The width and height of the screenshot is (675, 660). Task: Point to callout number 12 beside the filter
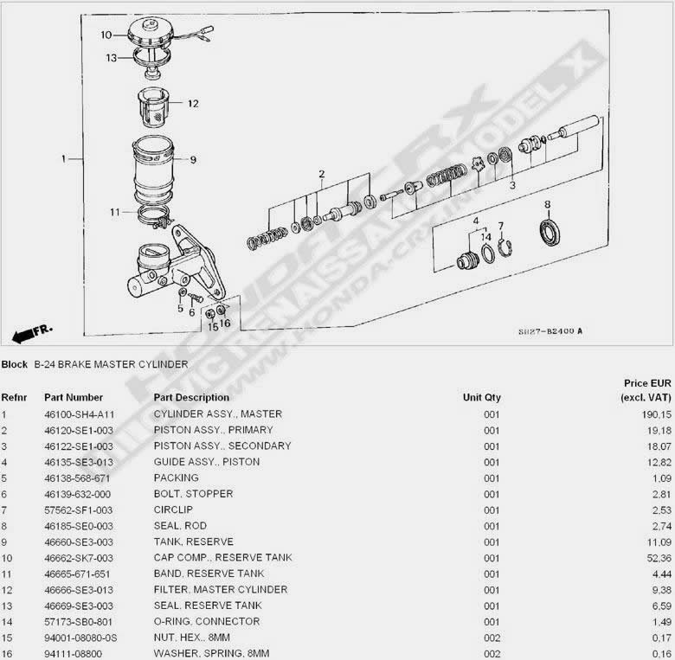point(193,104)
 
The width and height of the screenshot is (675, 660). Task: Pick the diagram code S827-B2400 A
point(550,331)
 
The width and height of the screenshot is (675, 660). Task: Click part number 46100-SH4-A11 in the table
point(80,414)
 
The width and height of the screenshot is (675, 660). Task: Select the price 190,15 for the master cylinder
point(657,414)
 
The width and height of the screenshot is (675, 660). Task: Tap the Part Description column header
point(191,398)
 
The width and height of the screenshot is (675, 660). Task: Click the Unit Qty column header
point(482,398)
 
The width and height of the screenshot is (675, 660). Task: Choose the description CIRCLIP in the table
point(173,509)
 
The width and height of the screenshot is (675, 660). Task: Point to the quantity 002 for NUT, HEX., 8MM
point(492,638)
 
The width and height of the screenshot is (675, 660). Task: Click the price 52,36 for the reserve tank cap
point(659,558)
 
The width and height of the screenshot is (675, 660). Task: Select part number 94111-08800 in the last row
point(74,654)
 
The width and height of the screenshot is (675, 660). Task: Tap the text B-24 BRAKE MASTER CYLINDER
point(111,364)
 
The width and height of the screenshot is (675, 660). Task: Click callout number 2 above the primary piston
point(322,174)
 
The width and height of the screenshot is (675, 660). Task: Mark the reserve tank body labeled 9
point(154,170)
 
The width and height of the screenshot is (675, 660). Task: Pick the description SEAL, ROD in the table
point(180,526)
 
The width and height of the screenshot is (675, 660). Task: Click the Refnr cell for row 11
point(6,574)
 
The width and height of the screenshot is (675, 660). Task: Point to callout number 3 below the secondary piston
point(512,185)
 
